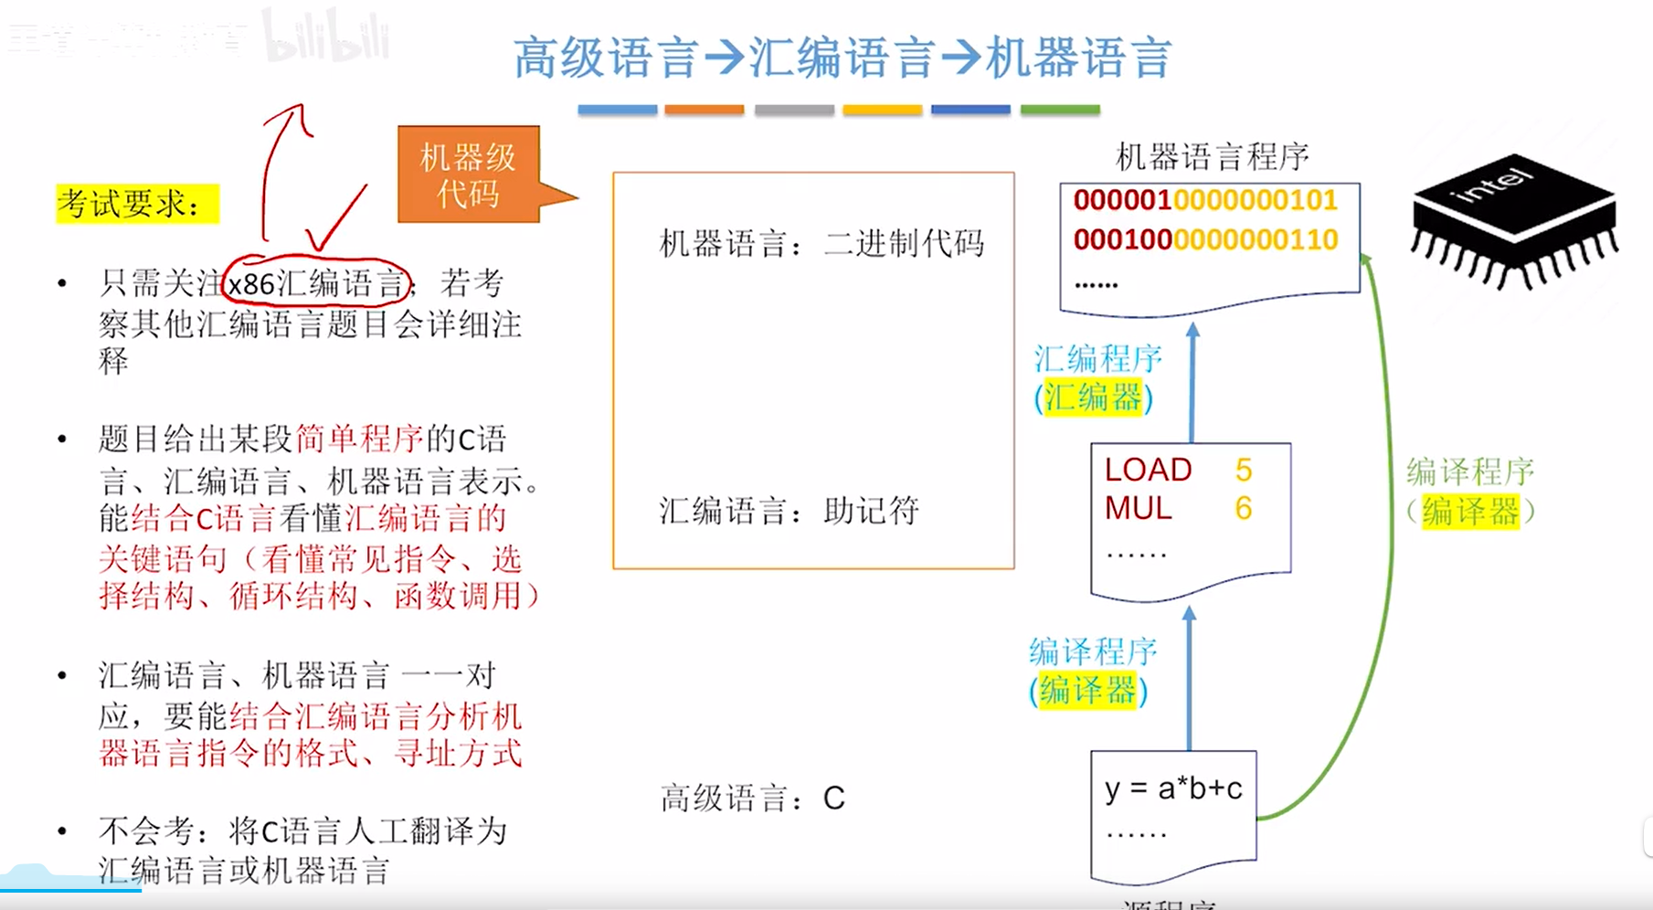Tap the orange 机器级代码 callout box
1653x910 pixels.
469,175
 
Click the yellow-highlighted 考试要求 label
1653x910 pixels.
137,203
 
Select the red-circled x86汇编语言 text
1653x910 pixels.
315,283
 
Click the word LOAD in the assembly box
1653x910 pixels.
1148,470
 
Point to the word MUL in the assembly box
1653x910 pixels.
1138,508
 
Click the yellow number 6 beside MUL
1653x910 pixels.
1243,508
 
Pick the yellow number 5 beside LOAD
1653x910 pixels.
1244,470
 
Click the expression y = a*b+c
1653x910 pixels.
1173,788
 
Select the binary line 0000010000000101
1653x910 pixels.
1204,200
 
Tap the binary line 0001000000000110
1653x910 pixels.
1204,239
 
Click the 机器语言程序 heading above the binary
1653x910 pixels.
1212,157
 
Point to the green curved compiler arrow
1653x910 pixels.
1392,548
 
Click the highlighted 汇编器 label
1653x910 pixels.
1094,398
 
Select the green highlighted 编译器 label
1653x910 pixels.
1469,512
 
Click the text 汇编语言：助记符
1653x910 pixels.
789,511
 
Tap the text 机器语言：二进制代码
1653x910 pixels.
821,244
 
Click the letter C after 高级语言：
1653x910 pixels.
833,799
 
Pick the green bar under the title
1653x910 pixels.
1060,110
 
